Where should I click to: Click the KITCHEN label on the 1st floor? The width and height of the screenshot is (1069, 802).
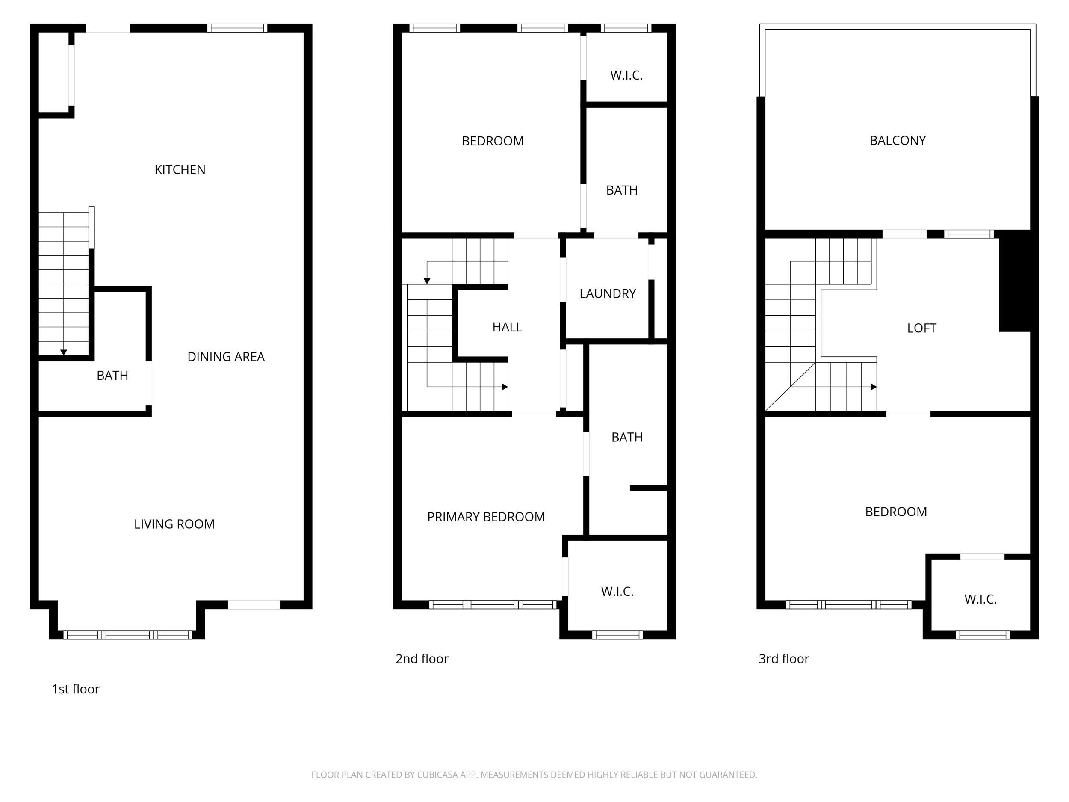point(180,170)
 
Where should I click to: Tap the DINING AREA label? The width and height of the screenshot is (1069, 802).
point(226,357)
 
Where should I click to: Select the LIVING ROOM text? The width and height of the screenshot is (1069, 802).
point(174,524)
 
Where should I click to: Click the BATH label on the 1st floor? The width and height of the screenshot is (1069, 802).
point(112,376)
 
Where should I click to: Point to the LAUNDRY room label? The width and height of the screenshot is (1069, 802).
point(608,294)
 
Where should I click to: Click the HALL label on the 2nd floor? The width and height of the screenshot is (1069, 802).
point(507,327)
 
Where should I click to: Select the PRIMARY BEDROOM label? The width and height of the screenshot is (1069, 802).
point(486,517)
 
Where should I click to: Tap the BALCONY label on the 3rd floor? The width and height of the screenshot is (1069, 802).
point(898,141)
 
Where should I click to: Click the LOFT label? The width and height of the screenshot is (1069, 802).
point(921,328)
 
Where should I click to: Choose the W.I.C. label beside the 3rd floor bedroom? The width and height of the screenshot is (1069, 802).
point(980,599)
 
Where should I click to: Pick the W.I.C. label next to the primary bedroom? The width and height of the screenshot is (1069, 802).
point(617,592)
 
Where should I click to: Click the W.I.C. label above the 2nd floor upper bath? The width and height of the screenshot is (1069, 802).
point(626,75)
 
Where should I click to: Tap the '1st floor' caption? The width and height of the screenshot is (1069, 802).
point(75,689)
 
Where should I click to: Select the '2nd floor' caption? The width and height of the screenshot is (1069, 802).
point(422,659)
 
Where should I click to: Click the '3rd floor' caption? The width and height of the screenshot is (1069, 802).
point(783,659)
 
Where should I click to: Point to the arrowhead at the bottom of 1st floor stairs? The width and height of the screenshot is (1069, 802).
point(63,352)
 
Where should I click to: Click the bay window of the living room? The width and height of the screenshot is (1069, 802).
point(127,635)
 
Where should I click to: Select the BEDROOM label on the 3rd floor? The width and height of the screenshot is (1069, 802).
point(895,512)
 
